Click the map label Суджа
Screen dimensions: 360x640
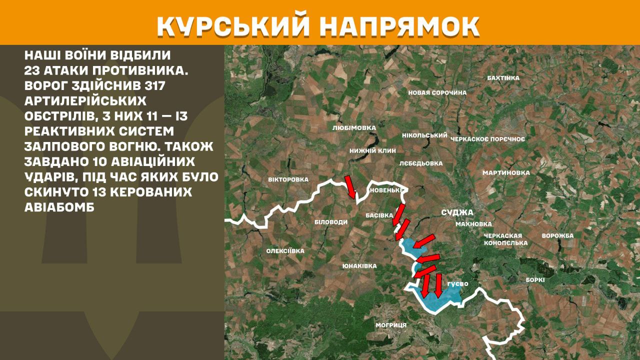pyautogui.click(x=457, y=212)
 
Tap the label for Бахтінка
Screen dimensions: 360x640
pyautogui.click(x=503, y=78)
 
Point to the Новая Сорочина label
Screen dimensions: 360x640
pyautogui.click(x=437, y=92)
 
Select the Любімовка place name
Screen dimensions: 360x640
pyautogui.click(x=353, y=128)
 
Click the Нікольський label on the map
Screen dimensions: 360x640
pyautogui.click(x=424, y=135)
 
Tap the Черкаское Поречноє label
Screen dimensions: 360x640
pyautogui.click(x=487, y=139)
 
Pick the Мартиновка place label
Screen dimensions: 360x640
pyautogui.click(x=505, y=173)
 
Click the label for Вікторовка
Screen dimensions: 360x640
pyautogui.click(x=288, y=179)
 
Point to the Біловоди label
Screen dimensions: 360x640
pyautogui.click(x=330, y=222)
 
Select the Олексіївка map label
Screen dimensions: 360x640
pyautogui.click(x=285, y=251)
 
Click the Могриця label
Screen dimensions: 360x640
pyautogui.click(x=391, y=325)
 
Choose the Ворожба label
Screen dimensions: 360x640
pyautogui.click(x=557, y=235)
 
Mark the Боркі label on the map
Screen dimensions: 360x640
pyautogui.click(x=534, y=280)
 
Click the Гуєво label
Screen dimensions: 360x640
pyautogui.click(x=457, y=284)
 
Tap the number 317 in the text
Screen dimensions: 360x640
pyautogui.click(x=153, y=85)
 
